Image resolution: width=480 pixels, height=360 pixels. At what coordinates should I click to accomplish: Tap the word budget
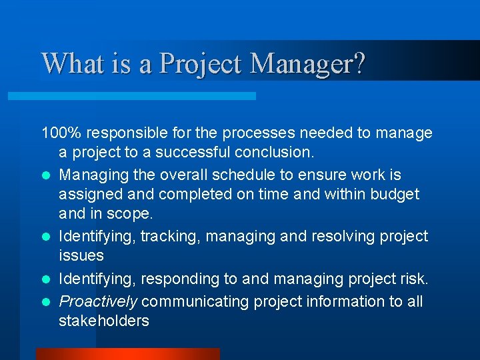(x=393, y=194)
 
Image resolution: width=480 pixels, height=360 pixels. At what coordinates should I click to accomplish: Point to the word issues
(x=81, y=255)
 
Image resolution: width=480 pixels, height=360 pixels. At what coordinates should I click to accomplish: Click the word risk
(x=414, y=279)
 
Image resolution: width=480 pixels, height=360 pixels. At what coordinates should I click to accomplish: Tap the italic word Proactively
(x=98, y=301)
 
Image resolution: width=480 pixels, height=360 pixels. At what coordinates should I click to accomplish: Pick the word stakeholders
(x=103, y=321)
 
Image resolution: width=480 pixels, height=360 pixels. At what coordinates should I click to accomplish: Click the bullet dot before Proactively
(x=45, y=302)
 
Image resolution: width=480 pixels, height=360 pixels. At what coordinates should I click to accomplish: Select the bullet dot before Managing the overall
(x=45, y=175)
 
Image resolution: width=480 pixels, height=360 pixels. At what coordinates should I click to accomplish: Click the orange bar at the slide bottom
(x=127, y=354)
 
